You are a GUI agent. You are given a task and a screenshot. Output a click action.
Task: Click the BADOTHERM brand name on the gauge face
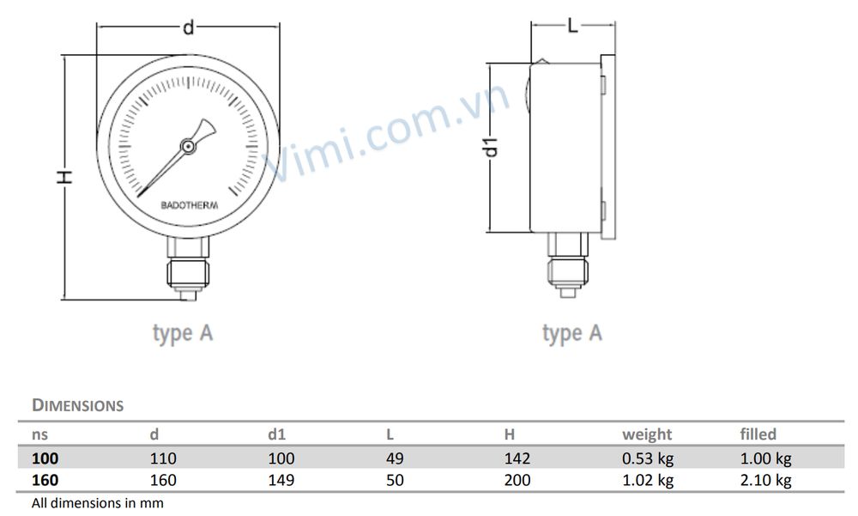coord(189,205)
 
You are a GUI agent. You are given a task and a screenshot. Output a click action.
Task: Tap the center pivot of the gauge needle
coord(188,147)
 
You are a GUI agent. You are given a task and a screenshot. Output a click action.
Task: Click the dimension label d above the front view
coord(189,28)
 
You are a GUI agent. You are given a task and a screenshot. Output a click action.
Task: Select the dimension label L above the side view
coord(574,25)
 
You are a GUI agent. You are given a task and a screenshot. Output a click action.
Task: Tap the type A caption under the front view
coord(182,333)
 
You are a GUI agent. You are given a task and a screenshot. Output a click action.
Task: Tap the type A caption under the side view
coord(572,333)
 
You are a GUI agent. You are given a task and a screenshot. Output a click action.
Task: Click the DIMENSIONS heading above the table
coord(78,405)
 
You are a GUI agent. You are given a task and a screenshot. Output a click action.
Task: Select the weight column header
coord(647,434)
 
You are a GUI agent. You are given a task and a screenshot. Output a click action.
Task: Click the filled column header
coord(758,434)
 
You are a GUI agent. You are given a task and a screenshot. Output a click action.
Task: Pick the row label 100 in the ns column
coord(45,458)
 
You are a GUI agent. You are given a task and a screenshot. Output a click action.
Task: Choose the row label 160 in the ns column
coord(45,480)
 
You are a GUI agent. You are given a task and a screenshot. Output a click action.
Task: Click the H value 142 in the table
coord(517,458)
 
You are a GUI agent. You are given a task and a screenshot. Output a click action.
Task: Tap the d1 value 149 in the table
coord(281,480)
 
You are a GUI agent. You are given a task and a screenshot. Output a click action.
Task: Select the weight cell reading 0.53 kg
coord(648,458)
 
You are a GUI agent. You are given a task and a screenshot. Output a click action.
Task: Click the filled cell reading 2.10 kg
coord(765,480)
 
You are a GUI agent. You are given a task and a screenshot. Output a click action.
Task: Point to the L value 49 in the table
coord(395,458)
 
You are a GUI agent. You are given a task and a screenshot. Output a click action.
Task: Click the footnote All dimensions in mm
coord(97,502)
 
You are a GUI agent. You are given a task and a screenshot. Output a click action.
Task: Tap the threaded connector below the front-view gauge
coord(190,266)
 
